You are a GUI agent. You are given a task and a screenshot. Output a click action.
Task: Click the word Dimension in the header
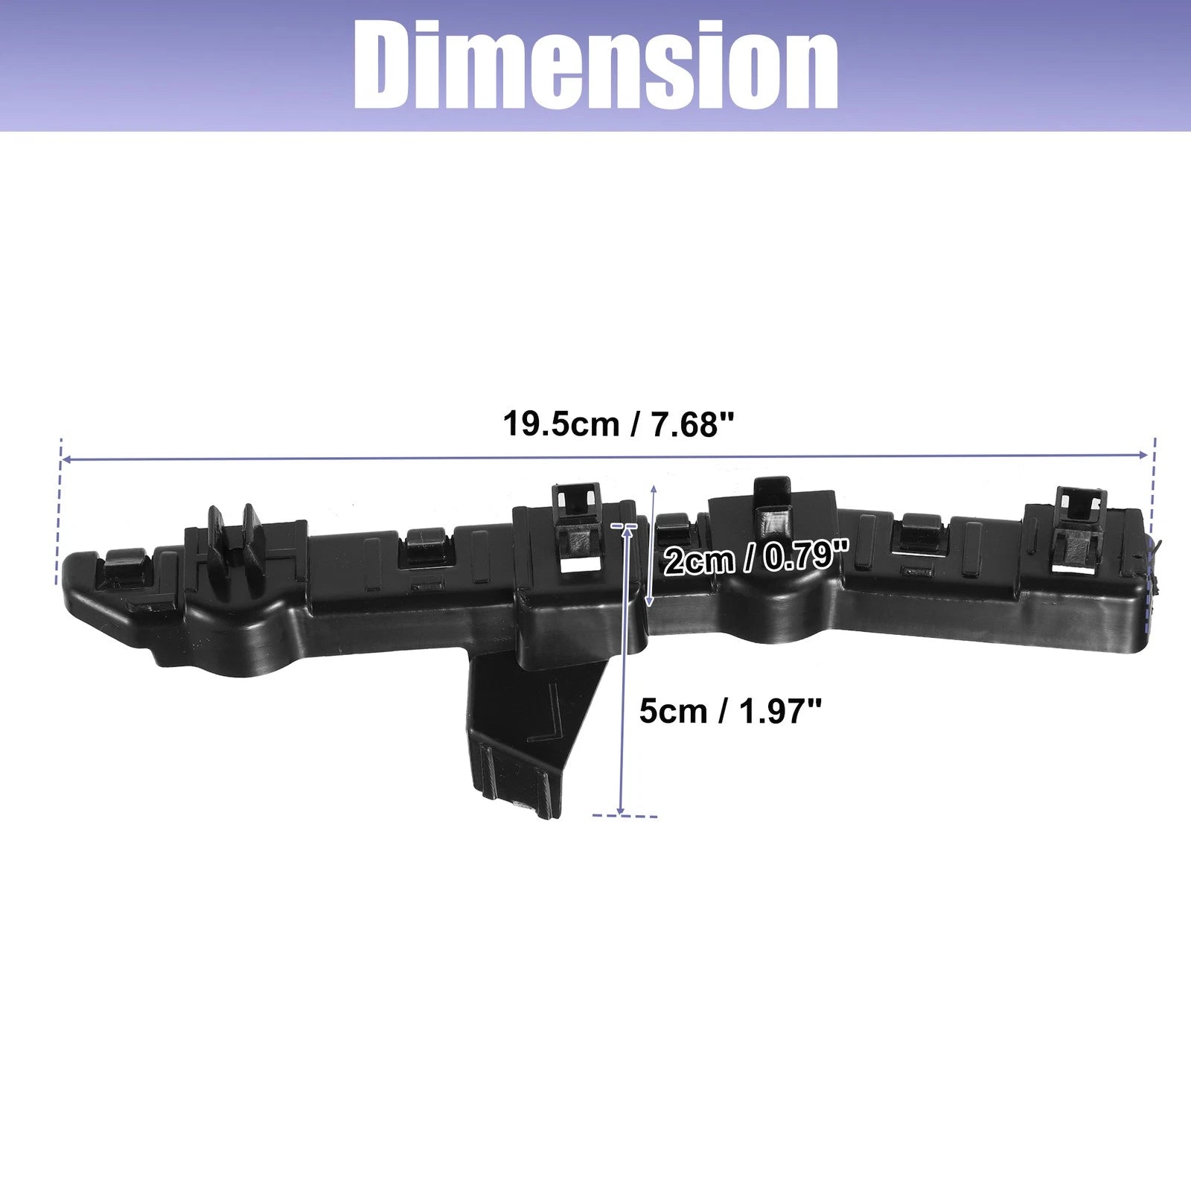[x=595, y=65]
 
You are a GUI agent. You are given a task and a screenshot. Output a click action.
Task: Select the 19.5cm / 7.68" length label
[x=619, y=424]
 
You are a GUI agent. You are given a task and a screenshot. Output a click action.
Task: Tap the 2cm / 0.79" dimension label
[x=756, y=558]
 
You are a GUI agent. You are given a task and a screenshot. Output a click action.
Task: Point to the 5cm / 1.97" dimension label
[x=730, y=711]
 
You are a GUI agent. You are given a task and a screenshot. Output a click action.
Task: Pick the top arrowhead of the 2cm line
[x=654, y=488]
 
